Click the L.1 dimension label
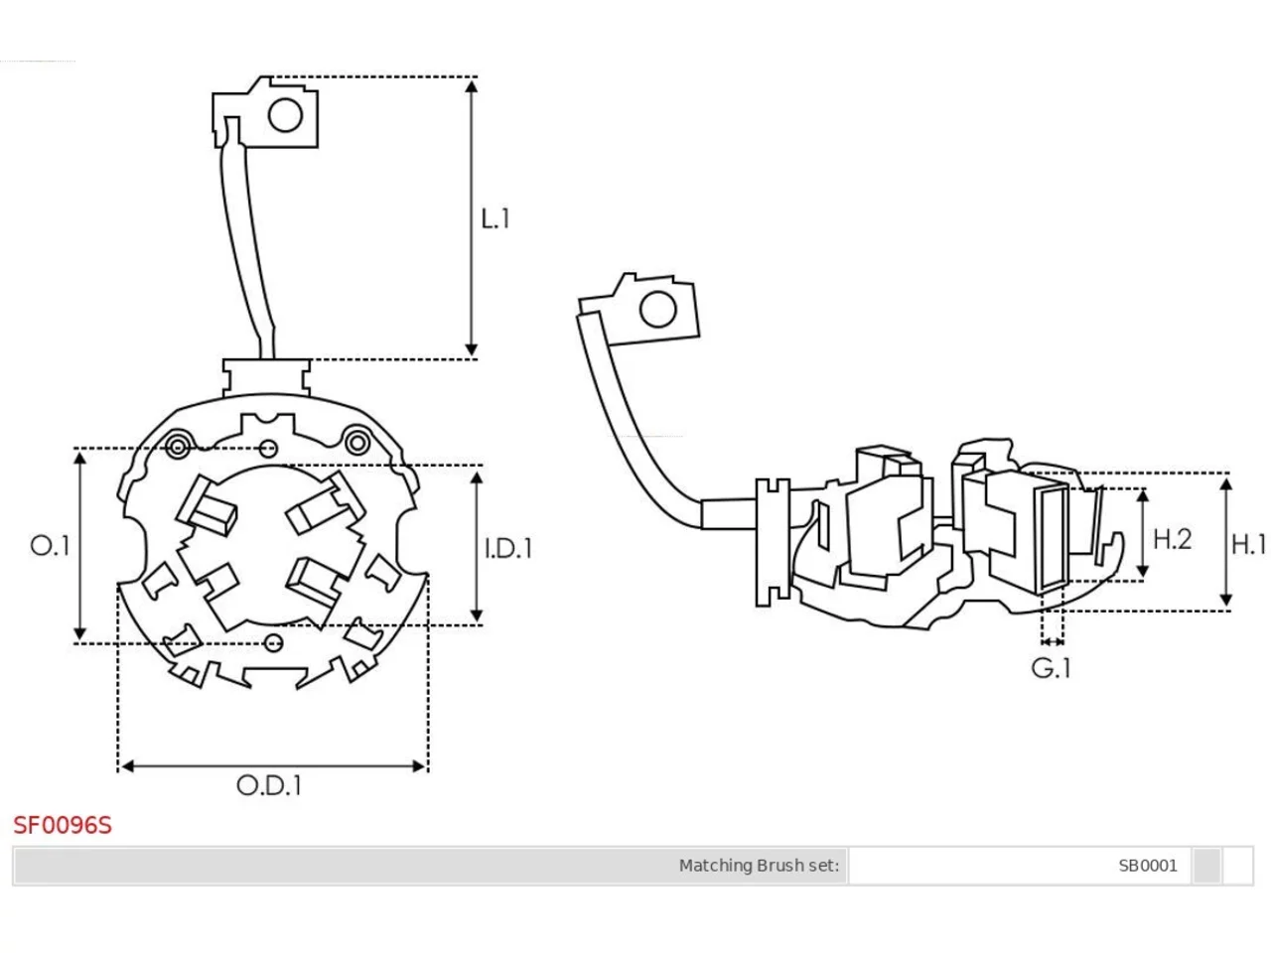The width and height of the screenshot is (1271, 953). click(x=495, y=218)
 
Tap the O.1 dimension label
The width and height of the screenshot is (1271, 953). click(x=50, y=546)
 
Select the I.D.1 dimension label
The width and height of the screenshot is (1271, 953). click(x=508, y=548)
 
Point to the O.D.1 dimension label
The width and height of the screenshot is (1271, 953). click(x=269, y=786)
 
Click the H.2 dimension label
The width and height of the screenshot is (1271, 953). click(x=1172, y=539)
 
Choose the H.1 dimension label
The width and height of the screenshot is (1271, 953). click(x=1249, y=544)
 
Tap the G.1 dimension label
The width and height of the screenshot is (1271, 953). click(x=1051, y=668)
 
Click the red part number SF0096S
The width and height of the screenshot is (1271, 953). click(x=63, y=826)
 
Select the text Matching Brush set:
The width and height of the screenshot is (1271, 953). click(x=759, y=866)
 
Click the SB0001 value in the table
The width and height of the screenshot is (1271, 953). click(x=1148, y=866)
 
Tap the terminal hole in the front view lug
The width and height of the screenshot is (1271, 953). click(x=285, y=115)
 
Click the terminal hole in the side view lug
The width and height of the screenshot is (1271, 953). click(x=657, y=309)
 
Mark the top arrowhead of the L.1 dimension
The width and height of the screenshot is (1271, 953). click(x=472, y=86)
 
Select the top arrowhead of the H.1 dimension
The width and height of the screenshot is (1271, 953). click(x=1226, y=484)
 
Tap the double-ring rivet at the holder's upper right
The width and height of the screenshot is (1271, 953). click(x=357, y=443)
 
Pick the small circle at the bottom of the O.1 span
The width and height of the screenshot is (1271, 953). click(x=273, y=643)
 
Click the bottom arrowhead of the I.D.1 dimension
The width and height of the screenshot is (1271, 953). click(x=477, y=615)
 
